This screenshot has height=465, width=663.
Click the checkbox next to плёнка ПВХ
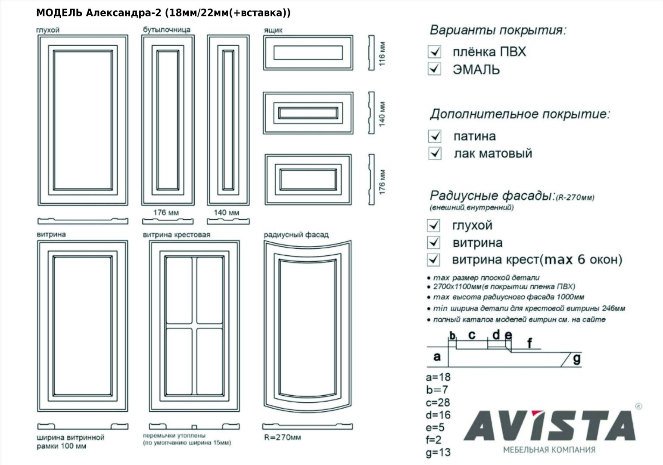click(435, 52)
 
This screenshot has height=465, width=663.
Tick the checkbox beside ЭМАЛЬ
click(434, 69)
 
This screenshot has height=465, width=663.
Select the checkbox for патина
click(435, 136)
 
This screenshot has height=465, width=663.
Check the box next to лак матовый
click(435, 153)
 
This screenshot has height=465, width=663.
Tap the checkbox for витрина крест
click(433, 260)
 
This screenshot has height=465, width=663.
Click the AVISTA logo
click(550, 426)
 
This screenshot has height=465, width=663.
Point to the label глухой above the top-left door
click(48, 30)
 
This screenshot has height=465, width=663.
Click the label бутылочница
click(166, 30)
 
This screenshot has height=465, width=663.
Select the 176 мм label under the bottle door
click(166, 212)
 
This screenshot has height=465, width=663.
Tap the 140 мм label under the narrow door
click(226, 212)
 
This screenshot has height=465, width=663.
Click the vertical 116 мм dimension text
click(382, 53)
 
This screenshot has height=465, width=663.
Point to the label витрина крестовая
click(177, 235)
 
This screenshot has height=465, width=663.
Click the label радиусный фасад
click(296, 235)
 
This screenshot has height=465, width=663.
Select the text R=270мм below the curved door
click(283, 437)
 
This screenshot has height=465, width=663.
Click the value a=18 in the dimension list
click(438, 377)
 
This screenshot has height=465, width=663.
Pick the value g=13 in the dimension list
click(438, 453)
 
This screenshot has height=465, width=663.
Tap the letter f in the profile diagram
click(529, 343)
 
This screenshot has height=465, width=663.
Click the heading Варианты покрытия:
click(498, 30)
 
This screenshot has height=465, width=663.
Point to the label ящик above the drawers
click(273, 30)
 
